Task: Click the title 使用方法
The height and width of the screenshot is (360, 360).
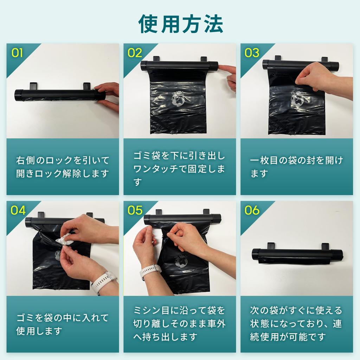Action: pos(181,24)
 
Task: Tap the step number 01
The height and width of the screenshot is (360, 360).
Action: pos(17,53)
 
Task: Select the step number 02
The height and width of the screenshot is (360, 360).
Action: pos(135,53)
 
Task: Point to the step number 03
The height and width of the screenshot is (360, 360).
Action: pos(252,53)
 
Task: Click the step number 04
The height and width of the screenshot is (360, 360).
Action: pos(18,210)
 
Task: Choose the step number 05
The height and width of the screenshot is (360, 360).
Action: pos(135,210)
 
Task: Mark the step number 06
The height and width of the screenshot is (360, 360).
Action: pos(252,210)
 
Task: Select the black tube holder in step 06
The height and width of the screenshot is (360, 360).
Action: pos(297,255)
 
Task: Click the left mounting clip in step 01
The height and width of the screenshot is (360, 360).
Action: pos(33,86)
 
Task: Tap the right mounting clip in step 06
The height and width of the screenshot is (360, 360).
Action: pos(325,246)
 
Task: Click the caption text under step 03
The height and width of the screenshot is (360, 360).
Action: pos(296,167)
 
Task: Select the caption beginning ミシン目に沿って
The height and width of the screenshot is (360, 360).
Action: pos(179,323)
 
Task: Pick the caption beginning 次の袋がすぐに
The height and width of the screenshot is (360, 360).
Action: pos(296,323)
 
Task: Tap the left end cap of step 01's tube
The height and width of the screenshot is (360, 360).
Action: pos(18,95)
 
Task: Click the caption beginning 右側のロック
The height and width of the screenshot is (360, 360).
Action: pos(63,167)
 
